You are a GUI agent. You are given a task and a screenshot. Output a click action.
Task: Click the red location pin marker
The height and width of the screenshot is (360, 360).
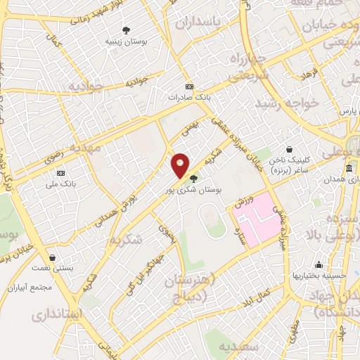[181, 165]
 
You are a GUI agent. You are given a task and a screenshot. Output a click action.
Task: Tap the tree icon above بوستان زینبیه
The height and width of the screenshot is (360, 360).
[126, 30]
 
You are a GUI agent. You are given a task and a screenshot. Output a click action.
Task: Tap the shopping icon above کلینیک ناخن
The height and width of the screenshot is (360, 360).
[290, 149]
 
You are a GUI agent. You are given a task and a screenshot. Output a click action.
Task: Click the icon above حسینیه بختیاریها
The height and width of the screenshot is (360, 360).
[320, 265]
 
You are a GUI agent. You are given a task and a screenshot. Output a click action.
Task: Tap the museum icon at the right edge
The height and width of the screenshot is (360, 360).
[349, 169]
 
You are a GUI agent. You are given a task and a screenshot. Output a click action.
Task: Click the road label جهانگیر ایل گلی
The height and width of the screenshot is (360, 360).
[138, 279]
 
